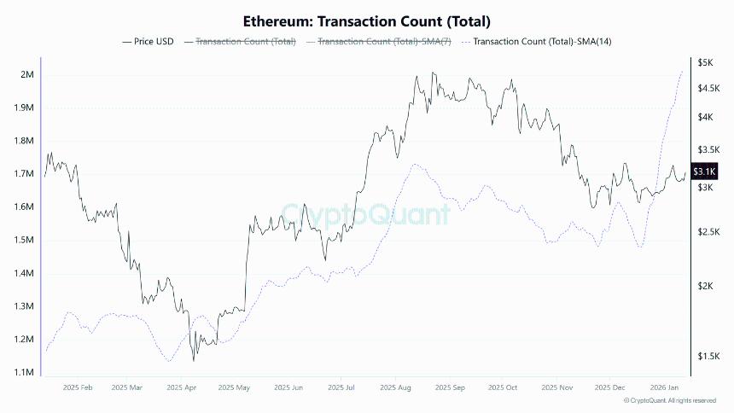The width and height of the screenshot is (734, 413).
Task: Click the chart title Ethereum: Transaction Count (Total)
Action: (367, 20)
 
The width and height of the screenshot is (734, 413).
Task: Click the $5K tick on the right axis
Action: (705, 63)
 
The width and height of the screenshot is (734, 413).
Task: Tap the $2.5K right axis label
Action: (708, 232)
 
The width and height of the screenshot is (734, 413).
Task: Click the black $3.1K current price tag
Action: (704, 172)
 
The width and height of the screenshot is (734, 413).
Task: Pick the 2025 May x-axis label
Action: (234, 387)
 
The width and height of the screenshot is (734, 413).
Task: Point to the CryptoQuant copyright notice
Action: (669, 400)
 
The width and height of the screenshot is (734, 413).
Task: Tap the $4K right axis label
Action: (705, 117)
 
